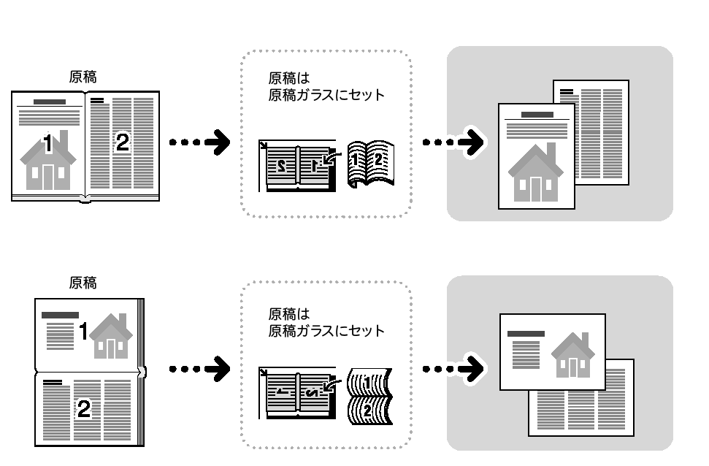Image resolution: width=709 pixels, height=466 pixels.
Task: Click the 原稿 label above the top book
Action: [83, 75]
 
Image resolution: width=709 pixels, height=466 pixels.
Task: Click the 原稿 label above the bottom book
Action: [83, 283]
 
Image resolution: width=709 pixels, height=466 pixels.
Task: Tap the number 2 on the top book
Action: [123, 143]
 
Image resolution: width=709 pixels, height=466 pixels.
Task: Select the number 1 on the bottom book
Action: [84, 332]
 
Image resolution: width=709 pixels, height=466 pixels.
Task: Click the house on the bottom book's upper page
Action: [112, 337]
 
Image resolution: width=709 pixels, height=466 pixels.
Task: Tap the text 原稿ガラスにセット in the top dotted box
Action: [326, 95]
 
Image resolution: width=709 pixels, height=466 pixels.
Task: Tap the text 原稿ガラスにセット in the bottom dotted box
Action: [326, 330]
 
